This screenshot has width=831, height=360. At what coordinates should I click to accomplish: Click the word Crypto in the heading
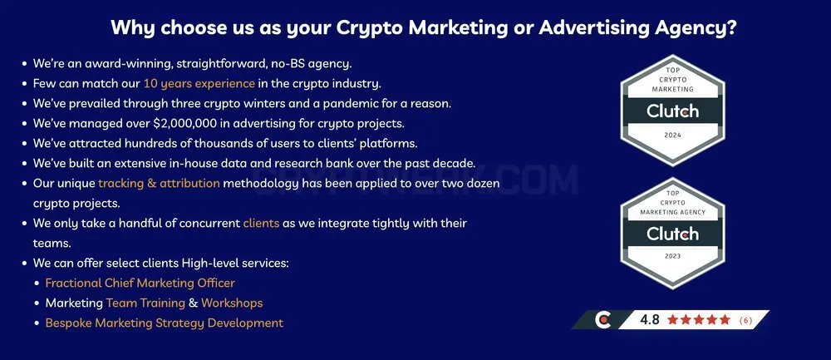point(370,28)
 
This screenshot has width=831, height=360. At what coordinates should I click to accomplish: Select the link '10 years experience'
point(199,84)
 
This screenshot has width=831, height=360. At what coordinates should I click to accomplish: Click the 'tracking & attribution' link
point(159,184)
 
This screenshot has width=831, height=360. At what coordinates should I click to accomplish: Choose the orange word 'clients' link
point(261,223)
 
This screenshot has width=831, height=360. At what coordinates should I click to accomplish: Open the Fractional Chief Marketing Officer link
point(140,284)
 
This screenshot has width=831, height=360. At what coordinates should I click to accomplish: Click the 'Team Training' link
point(145,303)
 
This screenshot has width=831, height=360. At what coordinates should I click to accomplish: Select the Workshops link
point(232,303)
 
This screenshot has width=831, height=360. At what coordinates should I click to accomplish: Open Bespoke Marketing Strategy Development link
point(165,323)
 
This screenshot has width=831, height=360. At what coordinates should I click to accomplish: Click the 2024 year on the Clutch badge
point(672,136)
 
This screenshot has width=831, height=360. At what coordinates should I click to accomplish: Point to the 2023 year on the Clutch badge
point(672,257)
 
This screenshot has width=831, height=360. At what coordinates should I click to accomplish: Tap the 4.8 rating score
point(650,320)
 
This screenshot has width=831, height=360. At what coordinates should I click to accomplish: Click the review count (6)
point(745,320)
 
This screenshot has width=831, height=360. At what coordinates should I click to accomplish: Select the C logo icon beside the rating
point(602,320)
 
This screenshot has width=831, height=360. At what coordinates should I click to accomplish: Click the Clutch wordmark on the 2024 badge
point(672,111)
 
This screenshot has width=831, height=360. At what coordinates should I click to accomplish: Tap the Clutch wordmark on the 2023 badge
point(672,234)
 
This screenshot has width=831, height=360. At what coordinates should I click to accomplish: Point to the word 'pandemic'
point(350,103)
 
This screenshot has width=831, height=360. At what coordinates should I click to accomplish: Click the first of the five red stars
point(673,320)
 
